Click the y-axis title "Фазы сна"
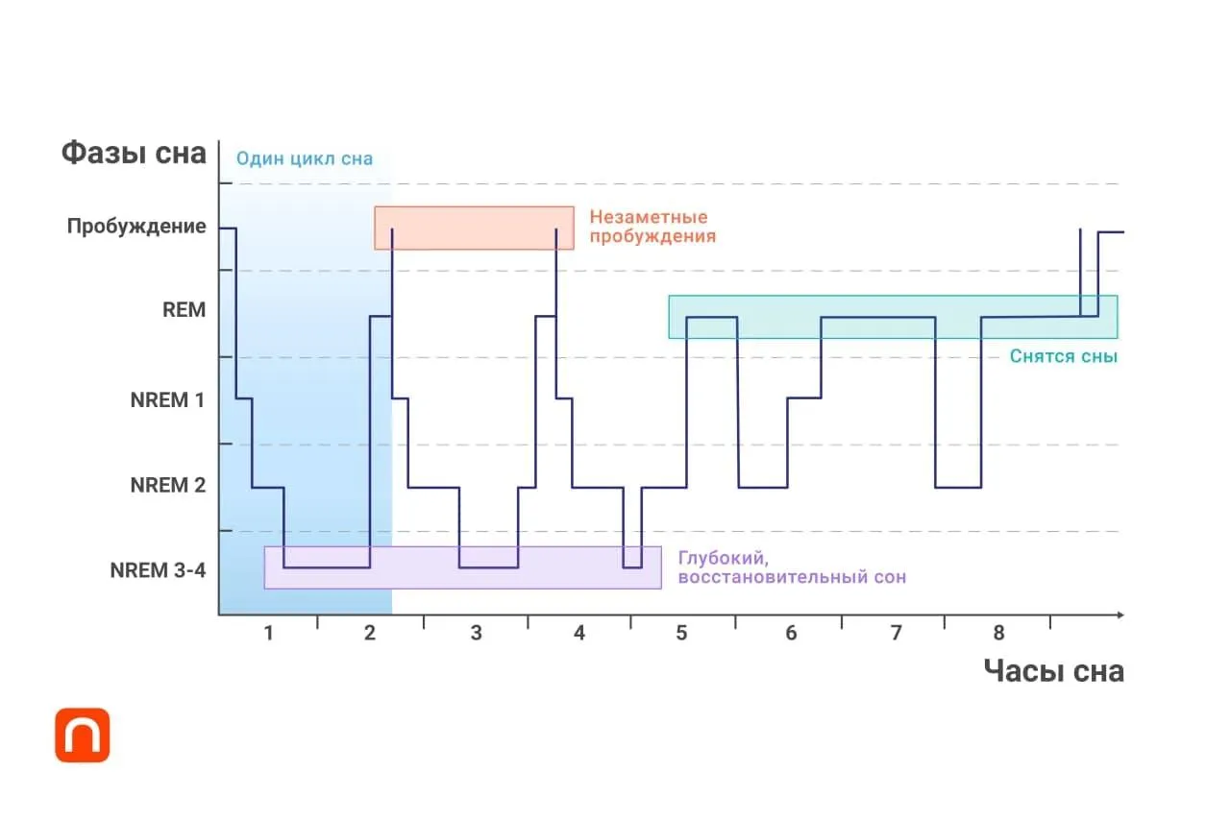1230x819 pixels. [x=134, y=153]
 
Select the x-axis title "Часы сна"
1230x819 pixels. [x=1053, y=671]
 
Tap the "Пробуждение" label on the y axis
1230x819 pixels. [x=136, y=227]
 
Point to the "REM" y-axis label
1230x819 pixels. [x=184, y=310]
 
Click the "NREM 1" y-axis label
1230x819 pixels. [x=167, y=399]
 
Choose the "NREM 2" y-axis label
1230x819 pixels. [x=167, y=486]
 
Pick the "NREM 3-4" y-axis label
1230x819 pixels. [x=158, y=570]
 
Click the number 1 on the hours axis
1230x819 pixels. [x=268, y=633]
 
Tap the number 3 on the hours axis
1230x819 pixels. [x=476, y=633]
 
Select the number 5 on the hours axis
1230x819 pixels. [x=681, y=633]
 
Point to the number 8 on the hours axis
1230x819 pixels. [x=998, y=633]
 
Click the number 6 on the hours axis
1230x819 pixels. [x=791, y=633]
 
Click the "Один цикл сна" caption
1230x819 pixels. [x=305, y=159]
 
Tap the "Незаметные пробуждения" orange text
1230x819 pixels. [x=652, y=227]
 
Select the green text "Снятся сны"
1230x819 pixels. [x=1064, y=356]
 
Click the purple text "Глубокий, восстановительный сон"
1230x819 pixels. [x=791, y=567]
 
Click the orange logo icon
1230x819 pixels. [x=83, y=735]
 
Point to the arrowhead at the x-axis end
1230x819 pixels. [x=1119, y=614]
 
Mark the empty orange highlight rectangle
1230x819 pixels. [x=474, y=228]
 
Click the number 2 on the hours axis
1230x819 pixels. [x=370, y=633]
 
